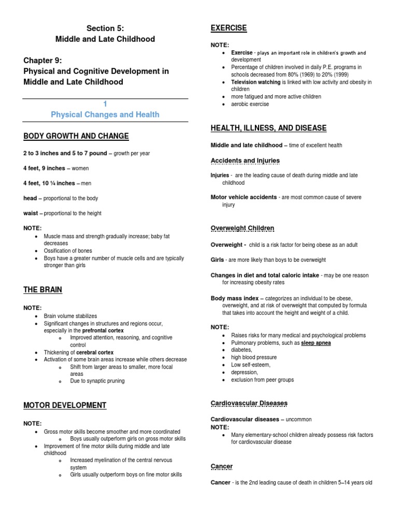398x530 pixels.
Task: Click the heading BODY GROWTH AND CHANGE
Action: tap(76, 136)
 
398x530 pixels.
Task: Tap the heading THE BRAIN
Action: tap(42, 290)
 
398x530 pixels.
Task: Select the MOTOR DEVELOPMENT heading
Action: tap(65, 405)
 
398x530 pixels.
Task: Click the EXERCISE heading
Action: tap(229, 28)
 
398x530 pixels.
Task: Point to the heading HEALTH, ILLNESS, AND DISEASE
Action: tap(268, 128)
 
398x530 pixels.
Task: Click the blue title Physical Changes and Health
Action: tap(105, 114)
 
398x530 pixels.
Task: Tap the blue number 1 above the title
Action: tap(105, 104)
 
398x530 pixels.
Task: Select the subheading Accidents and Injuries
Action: tap(245, 160)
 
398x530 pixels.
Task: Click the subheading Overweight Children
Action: tap(242, 228)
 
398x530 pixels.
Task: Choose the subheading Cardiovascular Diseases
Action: tap(249, 403)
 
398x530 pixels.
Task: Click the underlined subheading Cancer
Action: tap(221, 466)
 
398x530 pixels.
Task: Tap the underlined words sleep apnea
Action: tap(316, 343)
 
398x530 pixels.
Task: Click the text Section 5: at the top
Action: tap(105, 28)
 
